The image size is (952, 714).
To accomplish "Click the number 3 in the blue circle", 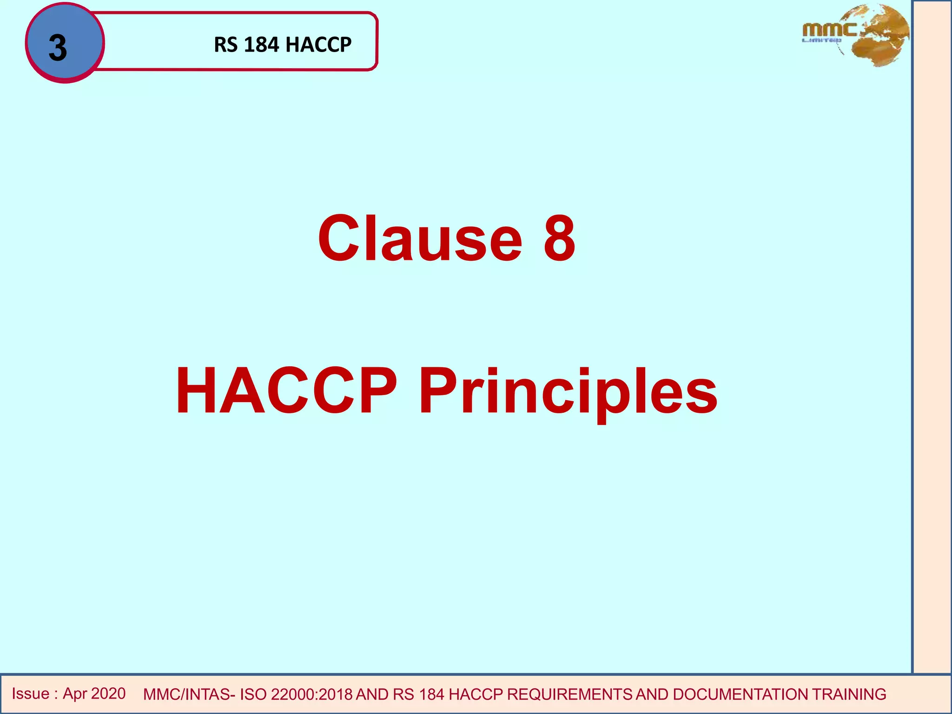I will [x=58, y=48].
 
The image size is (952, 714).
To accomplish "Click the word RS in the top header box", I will [x=226, y=45].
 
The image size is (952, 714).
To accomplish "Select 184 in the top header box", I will [x=261, y=45].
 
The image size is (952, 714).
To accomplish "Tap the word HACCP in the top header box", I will [x=318, y=45].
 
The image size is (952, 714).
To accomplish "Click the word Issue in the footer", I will [x=31, y=694].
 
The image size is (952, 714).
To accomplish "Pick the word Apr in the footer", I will [x=75, y=694].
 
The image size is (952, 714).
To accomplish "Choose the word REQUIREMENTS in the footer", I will [x=569, y=694].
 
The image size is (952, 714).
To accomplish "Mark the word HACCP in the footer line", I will [x=476, y=694].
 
